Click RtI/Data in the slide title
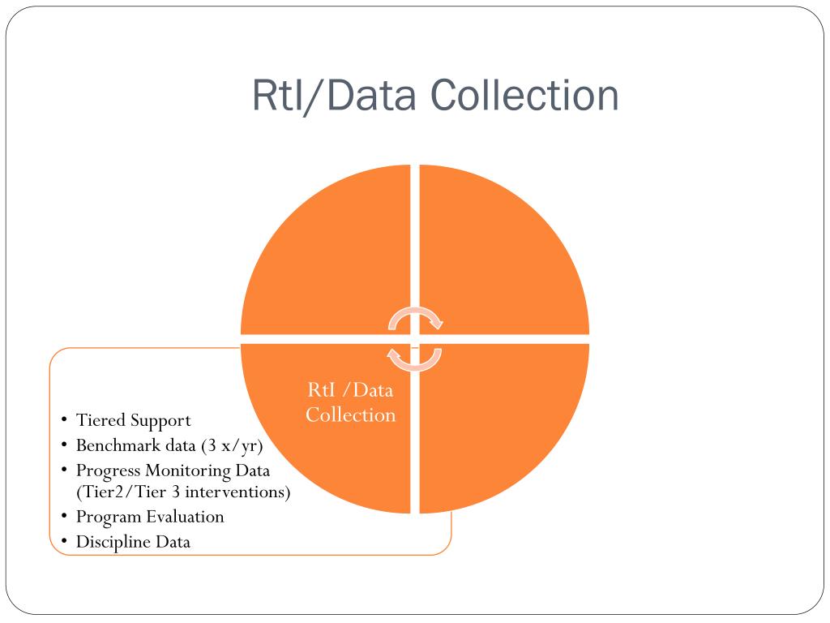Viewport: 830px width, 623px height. [335, 96]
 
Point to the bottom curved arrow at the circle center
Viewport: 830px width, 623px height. [414, 357]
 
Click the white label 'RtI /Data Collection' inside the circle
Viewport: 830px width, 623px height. [351, 402]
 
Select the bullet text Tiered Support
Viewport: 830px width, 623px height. [133, 420]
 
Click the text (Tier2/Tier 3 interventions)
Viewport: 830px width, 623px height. [183, 492]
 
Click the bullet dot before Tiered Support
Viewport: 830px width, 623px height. [64, 420]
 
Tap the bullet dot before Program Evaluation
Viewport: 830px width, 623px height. [64, 517]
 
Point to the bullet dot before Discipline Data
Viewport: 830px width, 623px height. [64, 542]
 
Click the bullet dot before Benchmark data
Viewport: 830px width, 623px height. [64, 445]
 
